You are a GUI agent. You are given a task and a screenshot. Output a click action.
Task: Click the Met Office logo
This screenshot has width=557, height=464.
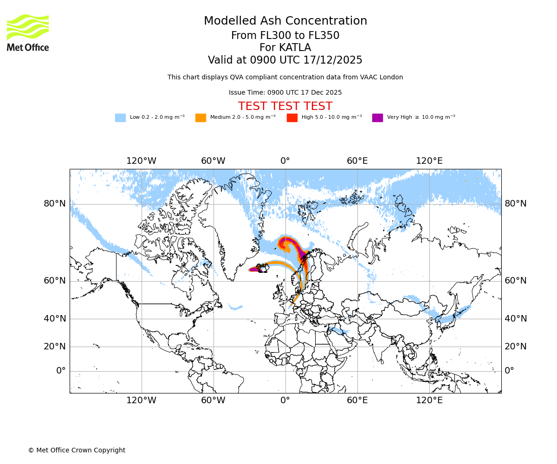click(x=28, y=32)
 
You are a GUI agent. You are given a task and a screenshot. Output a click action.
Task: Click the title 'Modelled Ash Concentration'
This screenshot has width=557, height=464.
click(x=285, y=21)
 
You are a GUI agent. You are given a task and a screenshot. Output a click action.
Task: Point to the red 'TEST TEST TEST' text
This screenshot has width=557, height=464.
click(x=285, y=107)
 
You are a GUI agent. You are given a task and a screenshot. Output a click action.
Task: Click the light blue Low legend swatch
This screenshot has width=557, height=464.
click(x=120, y=118)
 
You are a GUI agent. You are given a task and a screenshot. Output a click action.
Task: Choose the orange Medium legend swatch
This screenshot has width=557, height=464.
click(x=201, y=118)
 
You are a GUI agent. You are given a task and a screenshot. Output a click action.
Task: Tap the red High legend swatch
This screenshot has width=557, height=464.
click(x=292, y=118)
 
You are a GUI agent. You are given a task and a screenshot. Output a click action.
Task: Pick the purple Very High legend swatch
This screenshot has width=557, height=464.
click(x=377, y=118)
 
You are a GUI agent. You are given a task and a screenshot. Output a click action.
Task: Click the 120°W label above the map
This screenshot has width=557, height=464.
click(x=141, y=161)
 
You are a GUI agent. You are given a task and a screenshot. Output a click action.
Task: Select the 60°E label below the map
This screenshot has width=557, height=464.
click(x=357, y=400)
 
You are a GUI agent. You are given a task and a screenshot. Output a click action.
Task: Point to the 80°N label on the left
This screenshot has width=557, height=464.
click(x=55, y=204)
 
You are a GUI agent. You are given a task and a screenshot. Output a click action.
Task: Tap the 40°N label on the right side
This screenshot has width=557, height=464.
click(x=516, y=319)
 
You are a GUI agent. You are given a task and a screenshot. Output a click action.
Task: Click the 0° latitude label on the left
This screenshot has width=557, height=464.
click(x=61, y=371)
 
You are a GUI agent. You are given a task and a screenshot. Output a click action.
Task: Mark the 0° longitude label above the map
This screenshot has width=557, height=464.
click(x=285, y=161)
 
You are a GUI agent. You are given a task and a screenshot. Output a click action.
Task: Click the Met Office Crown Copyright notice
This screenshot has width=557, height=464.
click(x=77, y=450)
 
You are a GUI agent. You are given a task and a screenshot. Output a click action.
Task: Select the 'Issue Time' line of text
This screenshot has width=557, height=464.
click(x=285, y=93)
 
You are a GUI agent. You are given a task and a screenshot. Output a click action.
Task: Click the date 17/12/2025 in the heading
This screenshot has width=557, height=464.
click(x=333, y=60)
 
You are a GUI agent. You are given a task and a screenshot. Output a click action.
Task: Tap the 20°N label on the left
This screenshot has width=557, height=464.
click(x=55, y=347)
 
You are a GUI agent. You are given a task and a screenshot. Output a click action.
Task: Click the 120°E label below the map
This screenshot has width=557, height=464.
click(x=429, y=400)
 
